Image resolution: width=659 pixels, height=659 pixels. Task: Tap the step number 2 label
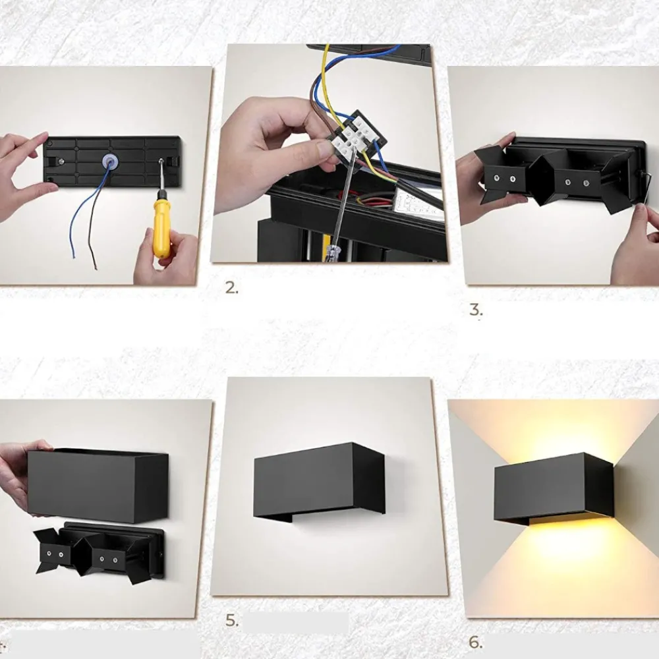pos(231,288)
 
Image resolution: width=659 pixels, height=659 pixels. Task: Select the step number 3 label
pos(476,310)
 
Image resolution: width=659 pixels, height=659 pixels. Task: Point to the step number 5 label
pos(231,620)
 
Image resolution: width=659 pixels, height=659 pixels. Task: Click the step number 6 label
pos(476,642)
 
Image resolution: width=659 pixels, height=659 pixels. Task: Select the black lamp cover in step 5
pos(319,481)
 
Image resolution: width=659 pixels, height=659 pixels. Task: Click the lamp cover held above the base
pos(98,486)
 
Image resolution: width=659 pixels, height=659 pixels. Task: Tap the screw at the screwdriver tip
pos(161,161)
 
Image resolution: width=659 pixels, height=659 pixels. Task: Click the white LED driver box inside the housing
pos(420,205)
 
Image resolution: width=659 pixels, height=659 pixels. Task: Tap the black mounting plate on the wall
pos(112,161)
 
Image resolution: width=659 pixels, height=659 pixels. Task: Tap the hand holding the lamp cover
pos(23,475)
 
